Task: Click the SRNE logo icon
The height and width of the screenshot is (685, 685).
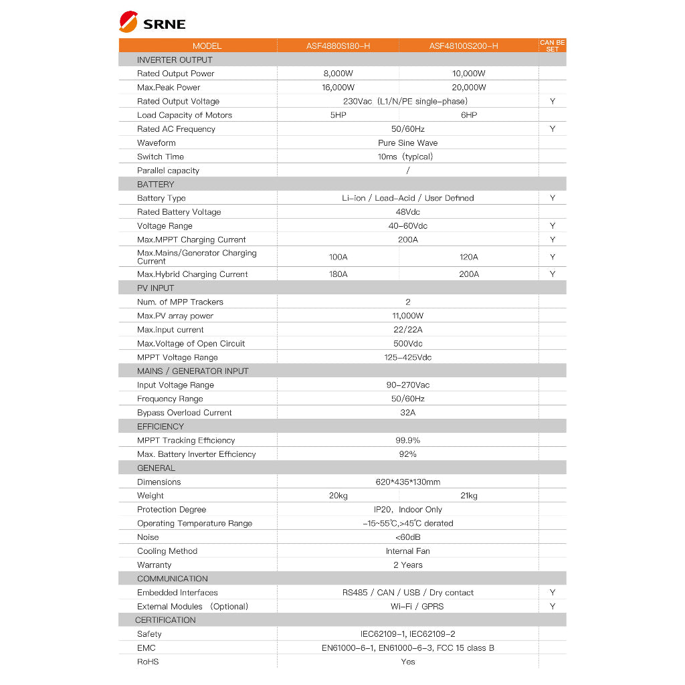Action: pyautogui.click(x=128, y=22)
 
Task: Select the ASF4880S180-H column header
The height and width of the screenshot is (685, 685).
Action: pyautogui.click(x=338, y=46)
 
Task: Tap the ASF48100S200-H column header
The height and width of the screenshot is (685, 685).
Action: pyautogui.click(x=464, y=46)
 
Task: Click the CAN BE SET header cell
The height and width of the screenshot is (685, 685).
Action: pyautogui.click(x=552, y=45)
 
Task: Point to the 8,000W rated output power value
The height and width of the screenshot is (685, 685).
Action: pyautogui.click(x=338, y=74)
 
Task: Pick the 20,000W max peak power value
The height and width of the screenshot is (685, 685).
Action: pyautogui.click(x=469, y=88)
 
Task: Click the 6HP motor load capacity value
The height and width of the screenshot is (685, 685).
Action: pyautogui.click(x=469, y=115)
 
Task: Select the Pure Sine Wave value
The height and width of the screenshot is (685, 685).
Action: pyautogui.click(x=407, y=143)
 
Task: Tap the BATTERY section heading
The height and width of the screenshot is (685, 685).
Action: pyautogui.click(x=155, y=185)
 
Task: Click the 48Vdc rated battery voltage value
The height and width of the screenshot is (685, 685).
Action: pyautogui.click(x=407, y=212)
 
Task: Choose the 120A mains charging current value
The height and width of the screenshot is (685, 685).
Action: pyautogui.click(x=469, y=257)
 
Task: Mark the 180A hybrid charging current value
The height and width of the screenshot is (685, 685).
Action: pyautogui.click(x=338, y=274)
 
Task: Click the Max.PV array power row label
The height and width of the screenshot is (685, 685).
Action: pyautogui.click(x=175, y=316)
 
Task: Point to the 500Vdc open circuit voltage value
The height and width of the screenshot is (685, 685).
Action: pyautogui.click(x=407, y=344)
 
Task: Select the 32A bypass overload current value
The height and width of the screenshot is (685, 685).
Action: pyautogui.click(x=407, y=413)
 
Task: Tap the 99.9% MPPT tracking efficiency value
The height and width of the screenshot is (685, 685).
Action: pyautogui.click(x=407, y=441)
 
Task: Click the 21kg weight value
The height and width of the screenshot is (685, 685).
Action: pyautogui.click(x=469, y=496)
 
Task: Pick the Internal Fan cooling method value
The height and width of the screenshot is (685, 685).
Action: pyautogui.click(x=407, y=551)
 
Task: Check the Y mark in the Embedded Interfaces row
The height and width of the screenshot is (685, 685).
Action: pyautogui.click(x=553, y=593)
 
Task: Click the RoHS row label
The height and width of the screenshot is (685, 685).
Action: pyautogui.click(x=148, y=662)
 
